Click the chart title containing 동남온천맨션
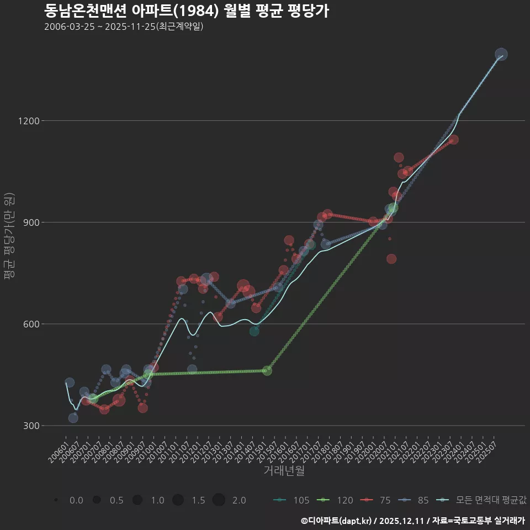coord(186,10)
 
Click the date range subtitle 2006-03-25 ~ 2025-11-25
coord(124,26)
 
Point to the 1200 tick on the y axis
coord(26,121)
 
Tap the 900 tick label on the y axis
coord(28,222)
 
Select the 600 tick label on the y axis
coord(28,324)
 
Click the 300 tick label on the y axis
coord(28,426)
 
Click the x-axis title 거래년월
coord(284,471)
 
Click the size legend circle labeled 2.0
coord(219,500)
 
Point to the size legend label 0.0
coord(76,500)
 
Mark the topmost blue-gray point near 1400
coord(501,54)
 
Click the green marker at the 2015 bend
coord(267,370)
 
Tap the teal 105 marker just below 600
coord(254,331)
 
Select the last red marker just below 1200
coord(454,140)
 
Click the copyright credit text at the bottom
coord(412,521)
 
